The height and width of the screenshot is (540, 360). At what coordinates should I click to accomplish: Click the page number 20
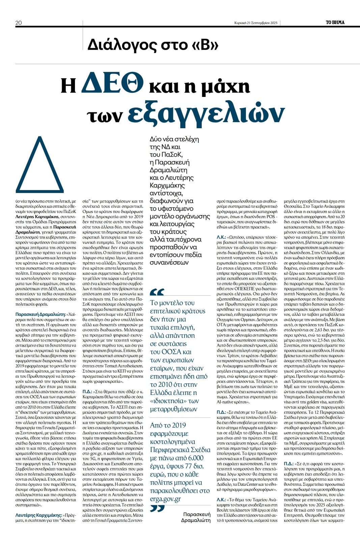pyautogui.click(x=19, y=23)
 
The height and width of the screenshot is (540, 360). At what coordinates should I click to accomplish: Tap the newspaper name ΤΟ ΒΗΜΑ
pyautogui.click(x=335, y=22)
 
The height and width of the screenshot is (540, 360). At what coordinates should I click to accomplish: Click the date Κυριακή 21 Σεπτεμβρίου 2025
pyautogui.click(x=256, y=23)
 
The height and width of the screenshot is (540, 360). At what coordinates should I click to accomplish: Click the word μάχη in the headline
pyautogui.click(x=225, y=86)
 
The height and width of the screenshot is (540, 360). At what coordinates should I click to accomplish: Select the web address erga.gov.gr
pyautogui.click(x=165, y=499)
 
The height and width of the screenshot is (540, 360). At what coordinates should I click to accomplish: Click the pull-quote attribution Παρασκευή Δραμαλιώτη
pyautogui.click(x=196, y=517)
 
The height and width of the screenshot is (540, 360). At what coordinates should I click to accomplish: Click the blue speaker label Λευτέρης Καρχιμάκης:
pyautogui.click(x=38, y=515)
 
